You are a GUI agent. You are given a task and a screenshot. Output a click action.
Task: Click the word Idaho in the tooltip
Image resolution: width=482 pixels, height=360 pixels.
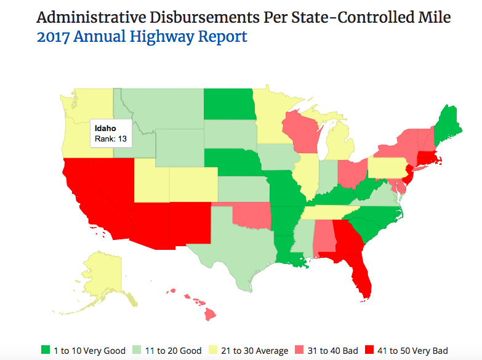(105, 129)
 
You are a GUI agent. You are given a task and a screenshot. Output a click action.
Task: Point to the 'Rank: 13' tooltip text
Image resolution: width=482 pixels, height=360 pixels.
(111, 140)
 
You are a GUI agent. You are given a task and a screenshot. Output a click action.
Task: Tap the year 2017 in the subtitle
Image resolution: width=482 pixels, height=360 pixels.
(54, 37)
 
